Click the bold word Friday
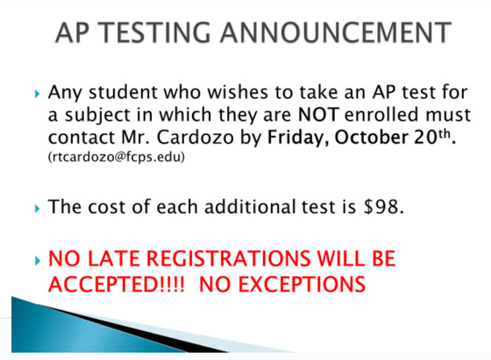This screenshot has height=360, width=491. click(x=295, y=138)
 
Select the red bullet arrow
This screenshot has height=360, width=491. click(x=35, y=260)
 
